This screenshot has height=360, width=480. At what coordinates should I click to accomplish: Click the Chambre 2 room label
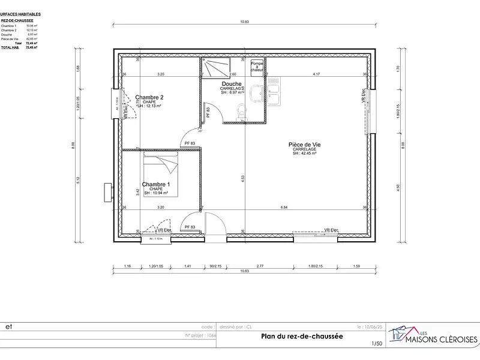(x=149, y=97)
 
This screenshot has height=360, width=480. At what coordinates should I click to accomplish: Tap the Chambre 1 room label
(x=155, y=184)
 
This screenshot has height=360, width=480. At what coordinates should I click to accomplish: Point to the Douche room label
(x=231, y=84)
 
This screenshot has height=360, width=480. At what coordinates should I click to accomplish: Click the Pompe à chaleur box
(x=257, y=67)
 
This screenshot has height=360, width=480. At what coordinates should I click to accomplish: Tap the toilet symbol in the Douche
(x=241, y=110)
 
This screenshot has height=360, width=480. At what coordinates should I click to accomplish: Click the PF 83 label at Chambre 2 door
(x=189, y=143)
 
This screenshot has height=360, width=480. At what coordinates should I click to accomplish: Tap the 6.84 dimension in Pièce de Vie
(x=284, y=207)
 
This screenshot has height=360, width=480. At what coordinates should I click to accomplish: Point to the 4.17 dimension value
(x=316, y=74)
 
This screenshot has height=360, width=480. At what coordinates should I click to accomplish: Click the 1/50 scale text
(x=376, y=343)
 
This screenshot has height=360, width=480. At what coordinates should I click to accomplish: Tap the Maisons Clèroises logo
(x=433, y=336)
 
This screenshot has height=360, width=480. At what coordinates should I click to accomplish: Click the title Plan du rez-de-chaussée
(x=302, y=336)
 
